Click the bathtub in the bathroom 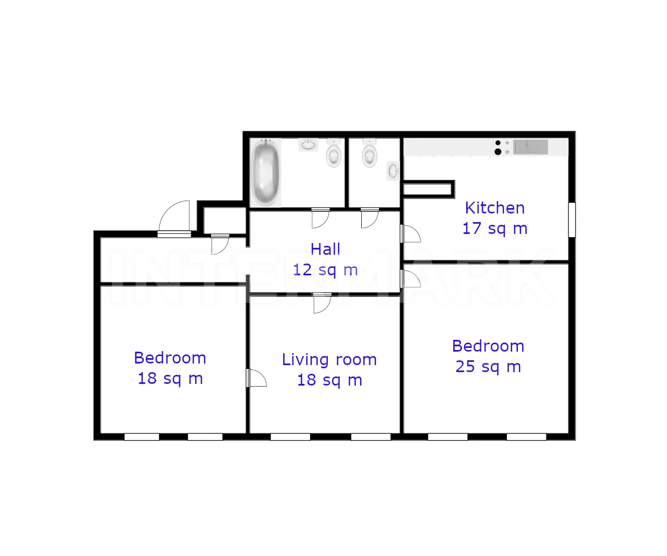(265, 173)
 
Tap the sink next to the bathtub (308, 145)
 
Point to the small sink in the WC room (393, 171)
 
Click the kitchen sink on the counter (531, 147)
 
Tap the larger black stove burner (498, 152)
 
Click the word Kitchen (495, 208)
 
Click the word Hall (325, 250)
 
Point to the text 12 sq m (325, 270)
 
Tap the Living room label (329, 360)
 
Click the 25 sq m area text (488, 367)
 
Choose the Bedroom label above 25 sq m (488, 346)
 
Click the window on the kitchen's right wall (572, 220)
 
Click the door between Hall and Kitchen (410, 234)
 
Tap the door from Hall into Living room (322, 303)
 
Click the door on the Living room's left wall (256, 378)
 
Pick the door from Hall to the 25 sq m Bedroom (410, 279)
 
